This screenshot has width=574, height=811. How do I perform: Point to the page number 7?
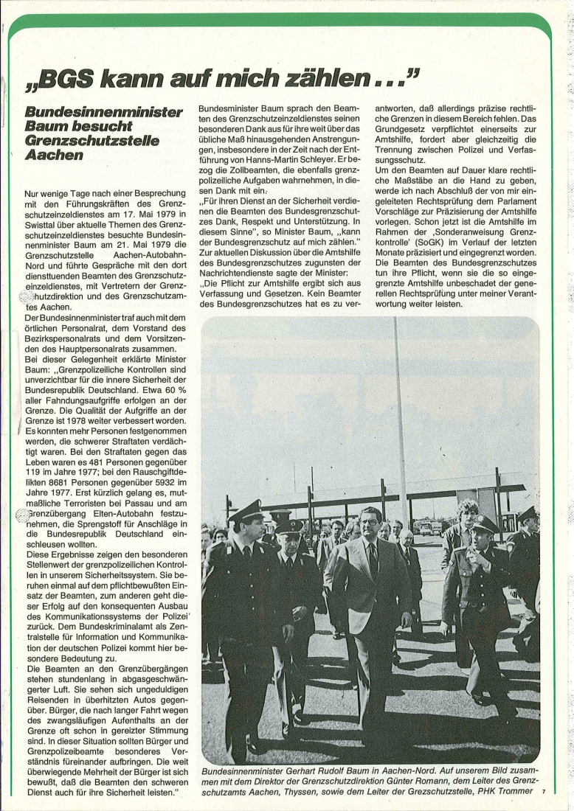543,792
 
